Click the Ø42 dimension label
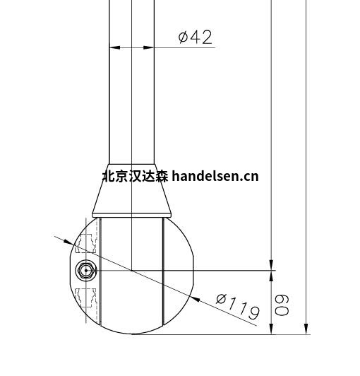coord(195,37)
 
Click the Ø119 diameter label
coord(237,306)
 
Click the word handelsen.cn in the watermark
coord(215,175)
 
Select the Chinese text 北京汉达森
coord(135,175)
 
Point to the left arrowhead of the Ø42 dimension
coord(114,48)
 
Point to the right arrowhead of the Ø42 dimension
coord(149,48)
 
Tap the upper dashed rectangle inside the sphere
coord(85,242)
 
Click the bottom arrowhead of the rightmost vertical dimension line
coord(306,329)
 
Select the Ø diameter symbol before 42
coord(183,37)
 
